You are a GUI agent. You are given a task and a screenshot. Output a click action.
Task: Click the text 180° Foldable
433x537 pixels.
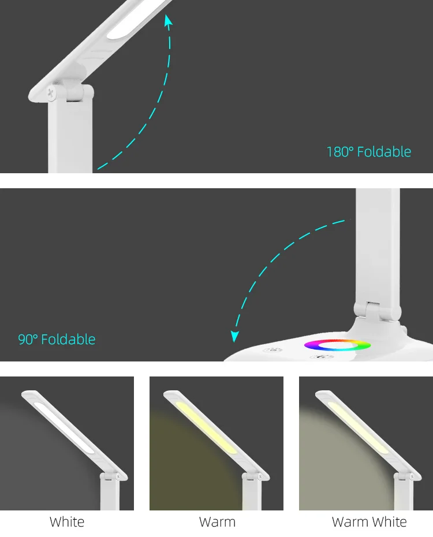pos(368,152)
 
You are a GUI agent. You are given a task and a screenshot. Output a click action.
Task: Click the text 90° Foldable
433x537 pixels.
pos(57,339)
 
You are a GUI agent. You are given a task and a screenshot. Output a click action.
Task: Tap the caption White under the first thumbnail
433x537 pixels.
pos(67,522)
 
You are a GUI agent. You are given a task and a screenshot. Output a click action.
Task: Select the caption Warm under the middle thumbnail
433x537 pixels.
pos(217,522)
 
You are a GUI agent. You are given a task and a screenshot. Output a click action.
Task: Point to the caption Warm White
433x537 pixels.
pos(369,522)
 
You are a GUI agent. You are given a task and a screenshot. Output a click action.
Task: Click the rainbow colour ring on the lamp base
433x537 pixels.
pos(338,345)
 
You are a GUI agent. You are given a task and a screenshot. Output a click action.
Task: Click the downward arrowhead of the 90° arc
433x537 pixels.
pos(235,336)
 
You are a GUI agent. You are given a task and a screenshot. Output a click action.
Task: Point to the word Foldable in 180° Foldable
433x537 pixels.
pos(384,152)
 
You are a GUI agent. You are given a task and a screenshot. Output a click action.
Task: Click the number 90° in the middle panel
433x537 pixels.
pos(28,339)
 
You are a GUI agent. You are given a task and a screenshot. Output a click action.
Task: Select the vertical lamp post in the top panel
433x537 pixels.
pos(70,136)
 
